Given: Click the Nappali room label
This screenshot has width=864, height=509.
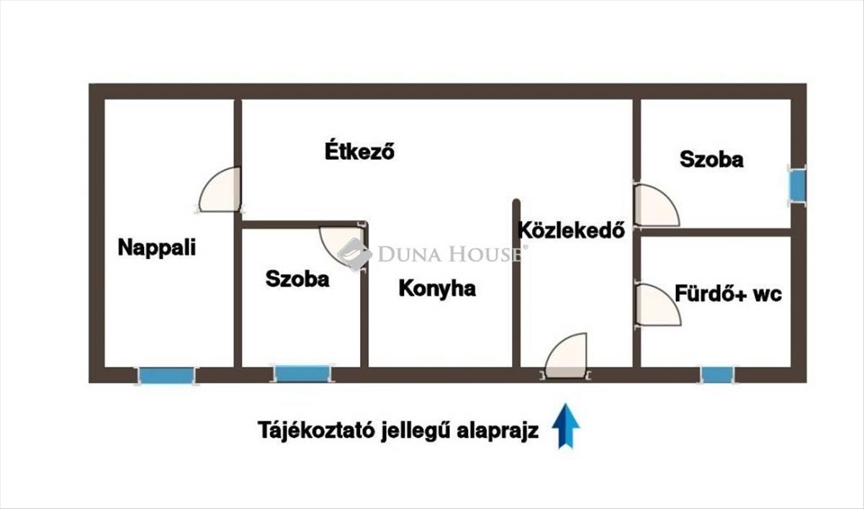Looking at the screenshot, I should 156,248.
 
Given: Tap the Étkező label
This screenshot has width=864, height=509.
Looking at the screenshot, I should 359,153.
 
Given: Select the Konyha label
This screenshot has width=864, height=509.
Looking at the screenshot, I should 437,289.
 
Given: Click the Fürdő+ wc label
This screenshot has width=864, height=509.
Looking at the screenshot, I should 728,294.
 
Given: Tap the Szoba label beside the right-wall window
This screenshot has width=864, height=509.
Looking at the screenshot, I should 711,159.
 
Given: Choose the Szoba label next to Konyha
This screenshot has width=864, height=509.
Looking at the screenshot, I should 297,279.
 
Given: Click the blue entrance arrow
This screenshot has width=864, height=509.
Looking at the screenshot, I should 566,425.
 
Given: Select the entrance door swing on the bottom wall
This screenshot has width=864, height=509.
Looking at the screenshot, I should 567,357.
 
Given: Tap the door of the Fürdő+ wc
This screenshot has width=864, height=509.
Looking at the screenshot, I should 657,305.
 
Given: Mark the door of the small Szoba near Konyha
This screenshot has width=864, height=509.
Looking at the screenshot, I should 342,246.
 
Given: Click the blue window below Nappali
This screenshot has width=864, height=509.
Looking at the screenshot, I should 166,375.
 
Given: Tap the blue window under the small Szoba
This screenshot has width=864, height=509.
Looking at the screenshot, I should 302,374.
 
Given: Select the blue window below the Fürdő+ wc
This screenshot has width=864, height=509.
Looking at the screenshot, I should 717,375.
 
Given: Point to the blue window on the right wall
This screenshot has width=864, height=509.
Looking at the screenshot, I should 797,185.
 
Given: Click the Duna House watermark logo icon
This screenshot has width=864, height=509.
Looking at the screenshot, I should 354,253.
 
